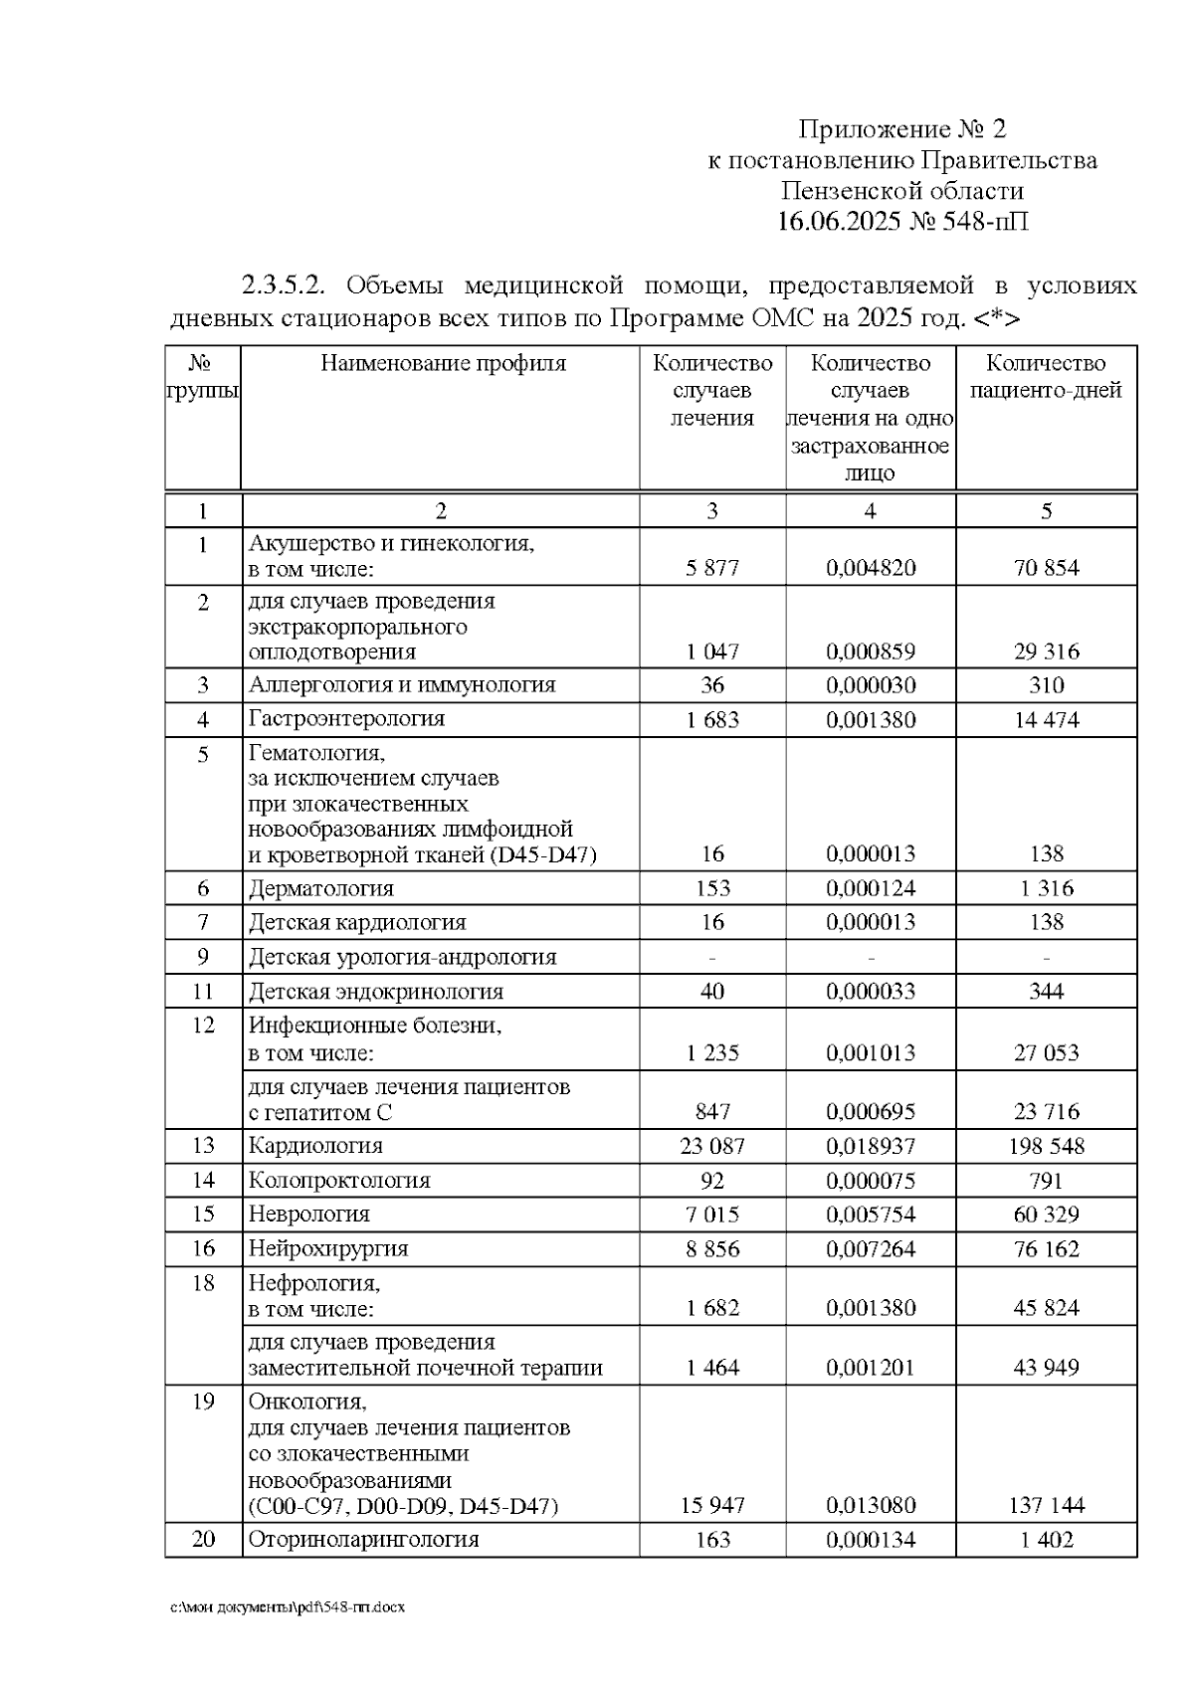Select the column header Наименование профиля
(x=443, y=364)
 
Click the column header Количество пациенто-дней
(x=1046, y=377)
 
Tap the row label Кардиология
(x=315, y=1146)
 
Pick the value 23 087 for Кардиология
(x=712, y=1146)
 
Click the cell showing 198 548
(x=1046, y=1146)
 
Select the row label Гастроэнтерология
(x=346, y=719)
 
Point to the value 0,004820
(x=871, y=568)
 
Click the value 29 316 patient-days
(x=1046, y=653)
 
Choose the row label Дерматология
(x=320, y=888)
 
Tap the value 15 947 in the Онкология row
(x=712, y=1506)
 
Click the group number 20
(x=203, y=1540)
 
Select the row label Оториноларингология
(x=363, y=1540)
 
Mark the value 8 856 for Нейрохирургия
(x=712, y=1249)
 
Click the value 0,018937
(x=871, y=1146)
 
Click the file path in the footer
(x=288, y=1607)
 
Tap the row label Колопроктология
(x=339, y=1181)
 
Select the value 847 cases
(x=712, y=1112)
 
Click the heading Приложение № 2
(x=902, y=129)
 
